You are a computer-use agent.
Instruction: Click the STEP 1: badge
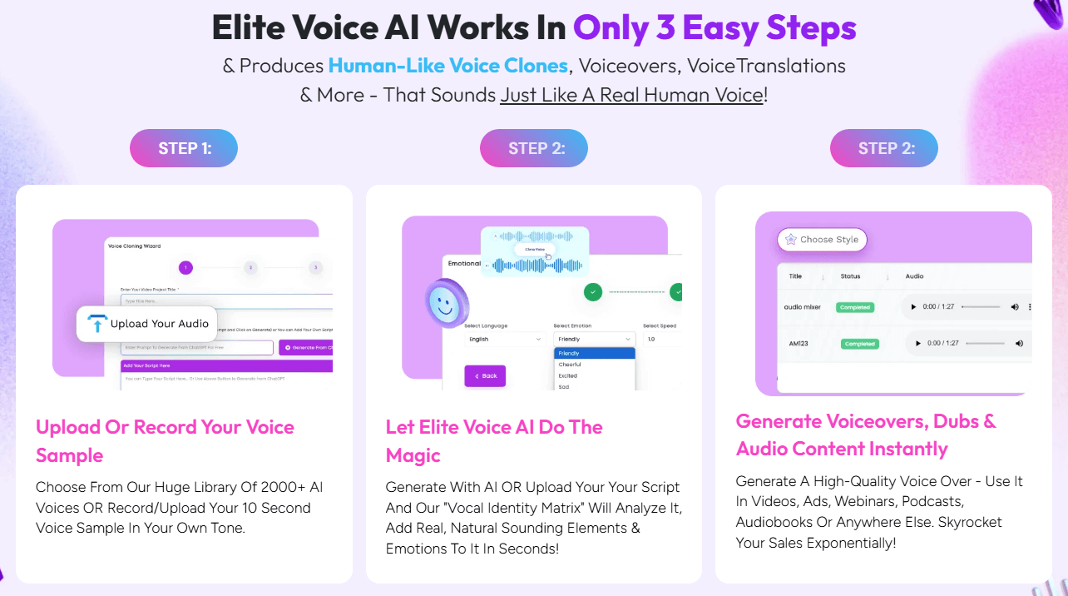[x=184, y=149]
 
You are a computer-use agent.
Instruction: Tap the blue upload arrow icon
[x=98, y=324]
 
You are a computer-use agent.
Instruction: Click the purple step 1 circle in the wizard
[x=185, y=268]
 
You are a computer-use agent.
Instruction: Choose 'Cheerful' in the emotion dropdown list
[x=571, y=365]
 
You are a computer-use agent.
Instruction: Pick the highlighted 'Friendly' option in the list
[x=594, y=353]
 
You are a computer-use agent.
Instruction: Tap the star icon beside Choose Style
[x=791, y=240]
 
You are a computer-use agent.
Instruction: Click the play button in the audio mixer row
[x=914, y=307]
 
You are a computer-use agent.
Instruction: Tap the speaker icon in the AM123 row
[x=1019, y=343]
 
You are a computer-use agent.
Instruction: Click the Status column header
[x=850, y=276]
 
